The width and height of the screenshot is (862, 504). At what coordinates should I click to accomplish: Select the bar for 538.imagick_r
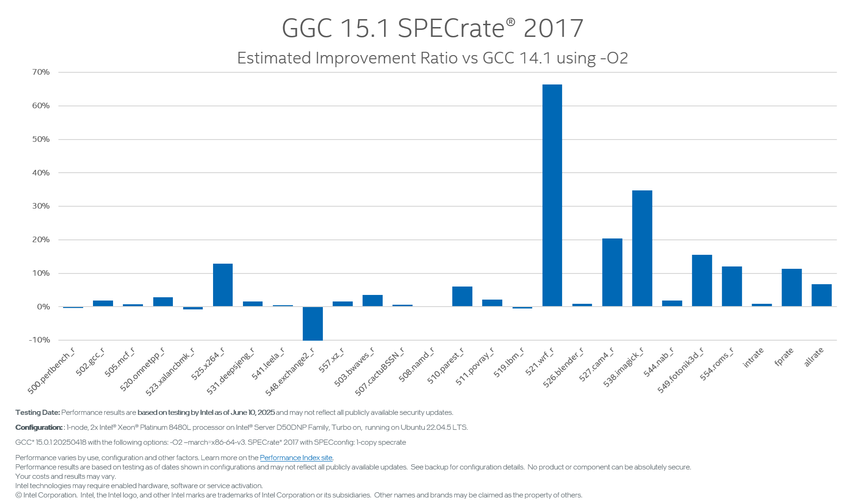click(642, 248)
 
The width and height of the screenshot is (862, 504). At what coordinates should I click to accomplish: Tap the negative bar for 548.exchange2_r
click(313, 323)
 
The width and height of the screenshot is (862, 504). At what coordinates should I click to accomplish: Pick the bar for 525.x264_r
click(223, 285)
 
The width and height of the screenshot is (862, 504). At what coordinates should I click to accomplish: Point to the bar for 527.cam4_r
click(612, 273)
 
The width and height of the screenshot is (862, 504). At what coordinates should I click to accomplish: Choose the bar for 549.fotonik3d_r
click(702, 280)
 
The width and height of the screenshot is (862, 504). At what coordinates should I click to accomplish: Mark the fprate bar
click(791, 287)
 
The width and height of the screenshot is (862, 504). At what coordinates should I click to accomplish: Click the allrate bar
click(821, 295)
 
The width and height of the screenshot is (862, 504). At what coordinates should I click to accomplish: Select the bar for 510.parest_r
click(462, 296)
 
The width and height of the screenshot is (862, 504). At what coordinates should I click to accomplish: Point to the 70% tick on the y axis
click(41, 72)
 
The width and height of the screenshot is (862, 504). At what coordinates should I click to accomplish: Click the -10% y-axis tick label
click(39, 340)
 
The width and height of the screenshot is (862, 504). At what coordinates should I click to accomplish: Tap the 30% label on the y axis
click(41, 206)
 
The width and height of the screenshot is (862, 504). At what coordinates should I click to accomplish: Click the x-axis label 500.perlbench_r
click(51, 371)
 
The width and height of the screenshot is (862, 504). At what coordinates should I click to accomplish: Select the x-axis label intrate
click(753, 357)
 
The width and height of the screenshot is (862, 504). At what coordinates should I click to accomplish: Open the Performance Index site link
click(296, 458)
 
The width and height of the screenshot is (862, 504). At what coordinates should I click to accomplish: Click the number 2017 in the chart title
click(553, 28)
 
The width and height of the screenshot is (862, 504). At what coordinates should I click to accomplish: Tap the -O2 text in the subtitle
click(613, 58)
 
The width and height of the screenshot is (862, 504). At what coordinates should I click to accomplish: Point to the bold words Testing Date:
click(37, 413)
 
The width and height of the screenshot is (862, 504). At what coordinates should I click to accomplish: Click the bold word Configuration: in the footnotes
click(39, 427)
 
